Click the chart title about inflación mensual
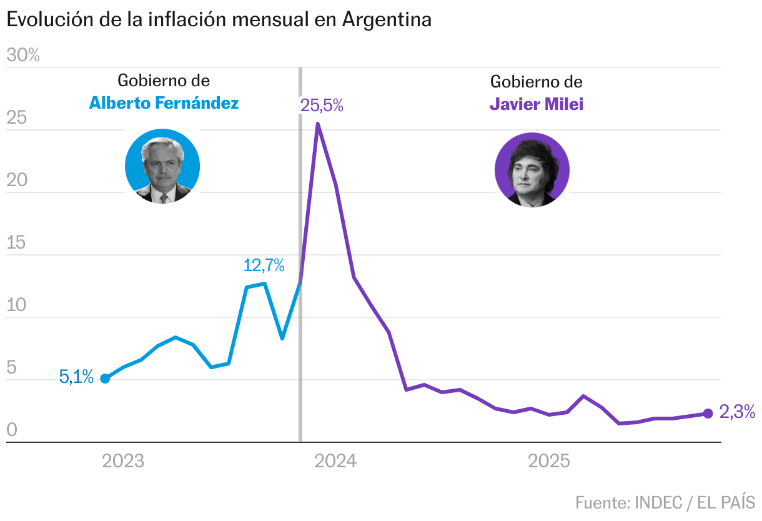(x=219, y=19)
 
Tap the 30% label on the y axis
(x=23, y=56)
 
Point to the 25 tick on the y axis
(x=16, y=117)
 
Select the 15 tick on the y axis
(x=16, y=242)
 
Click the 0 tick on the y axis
(x=11, y=430)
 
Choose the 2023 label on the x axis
(x=123, y=462)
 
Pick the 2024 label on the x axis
(x=336, y=462)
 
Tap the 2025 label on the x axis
(x=549, y=462)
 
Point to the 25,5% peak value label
(x=322, y=106)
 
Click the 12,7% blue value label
(x=264, y=265)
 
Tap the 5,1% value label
(x=76, y=377)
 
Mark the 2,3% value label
(x=738, y=412)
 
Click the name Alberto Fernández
(x=164, y=103)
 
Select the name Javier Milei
(x=537, y=104)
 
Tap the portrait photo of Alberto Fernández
(x=162, y=166)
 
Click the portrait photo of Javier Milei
(x=532, y=170)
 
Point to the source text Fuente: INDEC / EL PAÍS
(x=665, y=502)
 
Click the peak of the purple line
(x=318, y=124)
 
